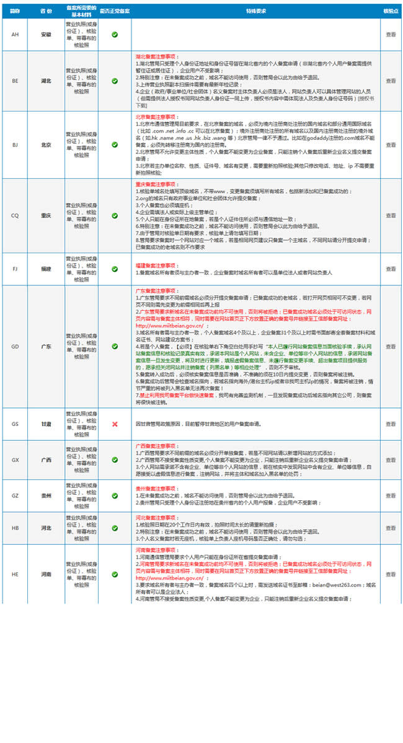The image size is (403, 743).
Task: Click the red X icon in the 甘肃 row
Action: [x=115, y=424]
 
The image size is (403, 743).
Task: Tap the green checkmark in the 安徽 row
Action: [x=115, y=34]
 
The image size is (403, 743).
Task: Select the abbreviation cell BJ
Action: [x=15, y=145]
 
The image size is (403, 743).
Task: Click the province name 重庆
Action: [x=46, y=215]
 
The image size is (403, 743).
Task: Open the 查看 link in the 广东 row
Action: [x=391, y=346]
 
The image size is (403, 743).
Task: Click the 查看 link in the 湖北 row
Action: [x=391, y=80]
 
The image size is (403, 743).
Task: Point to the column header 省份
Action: [x=46, y=12]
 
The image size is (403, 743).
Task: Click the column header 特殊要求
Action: [x=255, y=12]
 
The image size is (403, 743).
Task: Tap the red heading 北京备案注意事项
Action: [x=154, y=116]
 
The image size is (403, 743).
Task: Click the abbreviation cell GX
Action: [x=15, y=460]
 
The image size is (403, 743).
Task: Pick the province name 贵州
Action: [x=46, y=496]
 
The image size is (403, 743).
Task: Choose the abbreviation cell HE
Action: [x=15, y=575]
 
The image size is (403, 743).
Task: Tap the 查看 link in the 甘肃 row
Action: [x=391, y=424]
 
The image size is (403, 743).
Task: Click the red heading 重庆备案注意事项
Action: [x=154, y=185]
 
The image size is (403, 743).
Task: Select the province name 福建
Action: [x=46, y=269]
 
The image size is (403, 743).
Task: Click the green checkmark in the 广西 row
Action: [x=115, y=460]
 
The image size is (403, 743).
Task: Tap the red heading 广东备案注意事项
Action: [x=154, y=290]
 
